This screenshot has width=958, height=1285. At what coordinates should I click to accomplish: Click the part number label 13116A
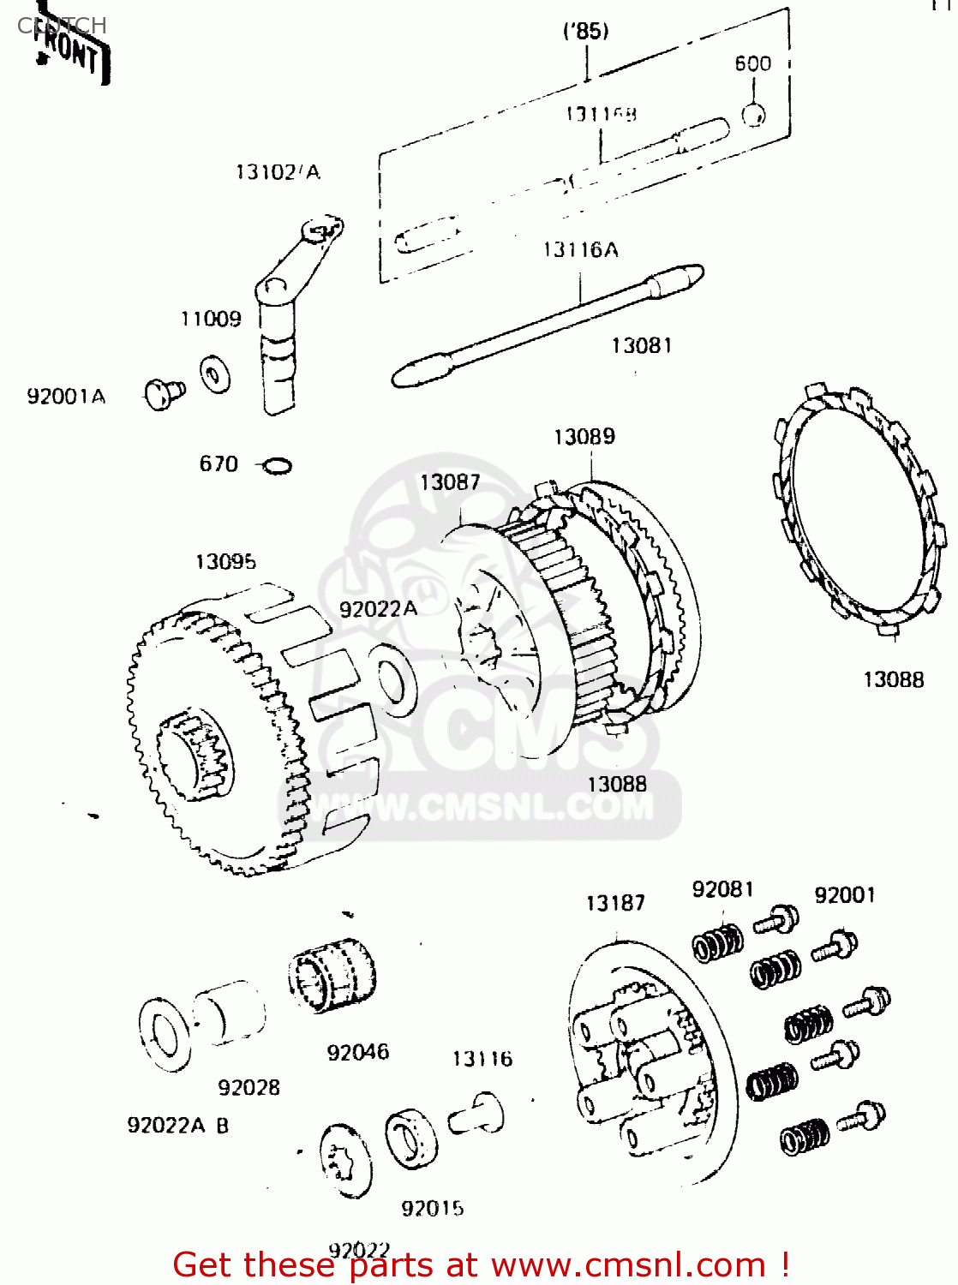click(580, 249)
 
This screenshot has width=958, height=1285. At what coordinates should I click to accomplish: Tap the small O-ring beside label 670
click(277, 466)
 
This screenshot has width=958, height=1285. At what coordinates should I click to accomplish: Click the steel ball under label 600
click(752, 114)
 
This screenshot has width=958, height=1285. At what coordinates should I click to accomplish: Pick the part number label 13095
click(225, 562)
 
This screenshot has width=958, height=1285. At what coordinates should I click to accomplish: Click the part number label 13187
click(614, 903)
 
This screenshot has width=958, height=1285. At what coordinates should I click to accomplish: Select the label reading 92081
click(722, 889)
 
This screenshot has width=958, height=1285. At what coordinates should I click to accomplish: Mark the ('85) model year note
click(586, 32)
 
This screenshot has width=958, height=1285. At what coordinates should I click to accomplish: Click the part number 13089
click(584, 437)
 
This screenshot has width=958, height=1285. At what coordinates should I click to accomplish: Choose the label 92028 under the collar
click(248, 1087)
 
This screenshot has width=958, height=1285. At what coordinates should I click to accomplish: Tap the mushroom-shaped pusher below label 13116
click(478, 1114)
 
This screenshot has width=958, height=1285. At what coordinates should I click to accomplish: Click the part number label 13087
click(449, 482)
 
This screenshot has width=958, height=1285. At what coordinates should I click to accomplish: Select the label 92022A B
click(177, 1125)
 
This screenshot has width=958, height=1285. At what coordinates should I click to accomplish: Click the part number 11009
click(211, 319)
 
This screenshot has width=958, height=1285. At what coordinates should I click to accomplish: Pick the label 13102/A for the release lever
click(277, 172)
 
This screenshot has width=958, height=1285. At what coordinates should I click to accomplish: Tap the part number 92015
click(432, 1208)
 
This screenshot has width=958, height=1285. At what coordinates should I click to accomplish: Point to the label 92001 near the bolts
click(844, 895)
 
